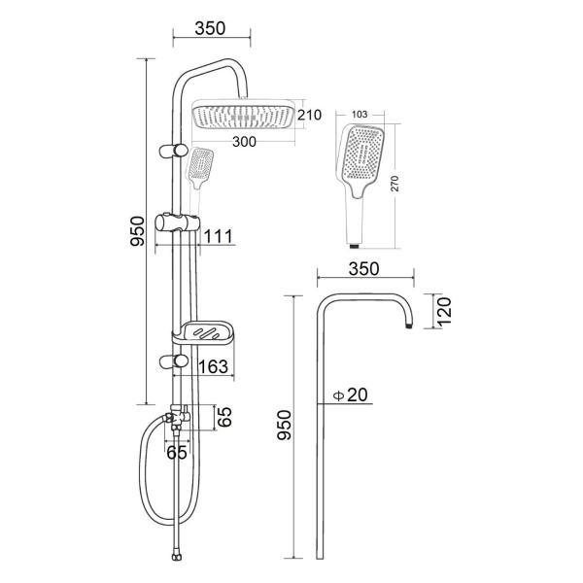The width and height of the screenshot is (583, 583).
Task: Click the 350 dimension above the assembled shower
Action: [210, 28]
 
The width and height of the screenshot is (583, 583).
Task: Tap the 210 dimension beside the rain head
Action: [309, 115]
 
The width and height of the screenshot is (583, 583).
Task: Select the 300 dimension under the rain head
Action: [244, 142]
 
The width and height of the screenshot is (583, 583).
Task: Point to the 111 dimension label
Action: [219, 236]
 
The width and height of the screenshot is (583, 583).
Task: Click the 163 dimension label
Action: [213, 366]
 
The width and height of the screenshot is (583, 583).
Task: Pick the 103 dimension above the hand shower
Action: [360, 114]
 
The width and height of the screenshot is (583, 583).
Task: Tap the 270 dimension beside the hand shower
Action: [394, 184]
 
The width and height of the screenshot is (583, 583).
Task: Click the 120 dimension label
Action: [444, 312]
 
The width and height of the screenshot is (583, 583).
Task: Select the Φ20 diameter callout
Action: [350, 394]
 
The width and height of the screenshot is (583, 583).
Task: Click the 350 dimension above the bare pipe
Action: [364, 269]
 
